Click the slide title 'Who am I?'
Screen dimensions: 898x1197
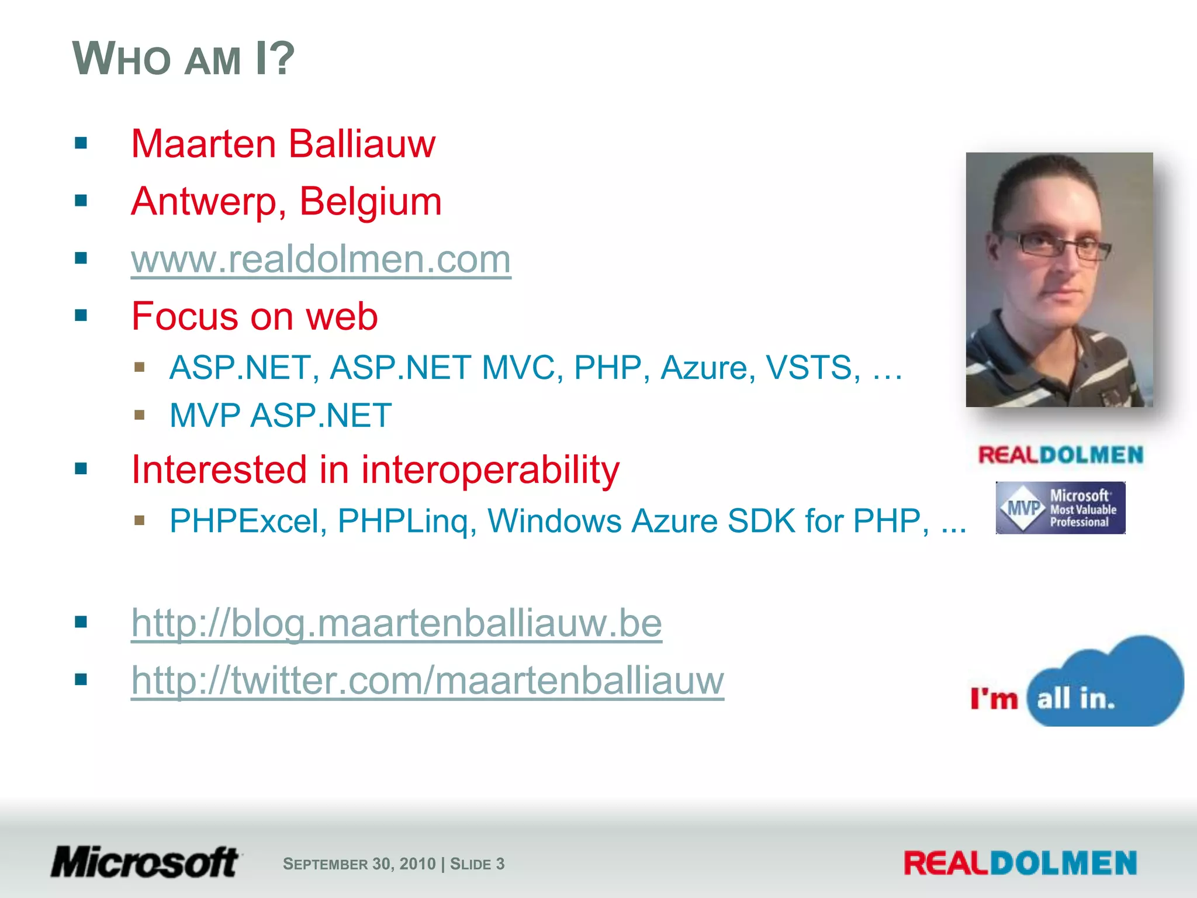tap(184, 58)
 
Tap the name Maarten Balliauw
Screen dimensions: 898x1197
tap(283, 144)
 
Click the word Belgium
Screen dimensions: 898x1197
tap(370, 201)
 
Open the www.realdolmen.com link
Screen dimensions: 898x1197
tap(321, 259)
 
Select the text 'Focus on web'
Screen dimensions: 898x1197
tap(255, 316)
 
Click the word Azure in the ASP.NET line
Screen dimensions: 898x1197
tap(704, 368)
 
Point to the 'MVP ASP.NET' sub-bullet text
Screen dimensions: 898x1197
tap(281, 416)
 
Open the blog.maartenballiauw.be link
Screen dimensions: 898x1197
tap(396, 623)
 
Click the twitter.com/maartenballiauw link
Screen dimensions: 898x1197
tap(427, 681)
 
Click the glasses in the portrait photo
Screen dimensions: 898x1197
tap(1052, 244)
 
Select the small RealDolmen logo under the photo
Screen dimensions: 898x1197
tap(1060, 455)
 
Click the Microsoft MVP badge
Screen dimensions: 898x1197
tap(1060, 507)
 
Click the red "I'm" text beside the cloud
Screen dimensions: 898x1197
tap(994, 699)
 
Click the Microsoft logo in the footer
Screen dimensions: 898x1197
tap(145, 863)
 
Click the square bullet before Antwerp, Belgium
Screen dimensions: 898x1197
tap(81, 201)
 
